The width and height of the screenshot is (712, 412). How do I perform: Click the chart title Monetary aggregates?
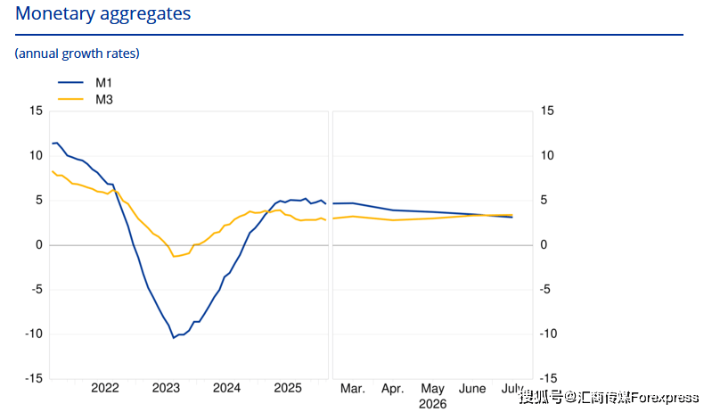pos(103,14)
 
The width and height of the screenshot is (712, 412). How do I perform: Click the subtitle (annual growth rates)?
pos(78,54)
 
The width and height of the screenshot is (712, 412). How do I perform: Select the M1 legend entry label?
pos(103,83)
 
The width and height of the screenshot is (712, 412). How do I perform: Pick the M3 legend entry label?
pos(104,100)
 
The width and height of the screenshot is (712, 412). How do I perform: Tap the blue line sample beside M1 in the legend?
pos(70,82)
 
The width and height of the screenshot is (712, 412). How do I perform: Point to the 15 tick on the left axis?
pos(36,111)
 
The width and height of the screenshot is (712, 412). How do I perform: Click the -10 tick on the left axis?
pos(33,334)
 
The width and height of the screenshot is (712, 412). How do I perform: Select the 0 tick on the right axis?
pos(544,245)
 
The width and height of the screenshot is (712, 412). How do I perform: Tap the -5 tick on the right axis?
pos(544,289)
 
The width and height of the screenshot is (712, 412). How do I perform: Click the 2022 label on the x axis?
pos(105,388)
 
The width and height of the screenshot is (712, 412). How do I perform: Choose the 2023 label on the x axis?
pos(166,388)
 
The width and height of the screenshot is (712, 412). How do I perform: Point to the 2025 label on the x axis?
pos(288,388)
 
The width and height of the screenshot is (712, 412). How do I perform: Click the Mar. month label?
pos(352,389)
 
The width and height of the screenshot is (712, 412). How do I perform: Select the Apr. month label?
pos(392,389)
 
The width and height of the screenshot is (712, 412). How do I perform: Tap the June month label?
pos(472,389)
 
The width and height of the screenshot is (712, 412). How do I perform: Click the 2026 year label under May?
pos(433,404)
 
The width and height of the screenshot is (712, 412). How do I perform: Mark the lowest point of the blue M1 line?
pos(174,337)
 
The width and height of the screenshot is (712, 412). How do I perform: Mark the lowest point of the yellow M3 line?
pos(174,257)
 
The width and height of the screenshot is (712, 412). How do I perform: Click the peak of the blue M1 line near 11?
pos(56,143)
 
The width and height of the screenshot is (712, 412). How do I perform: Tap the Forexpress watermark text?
pos(664,398)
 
